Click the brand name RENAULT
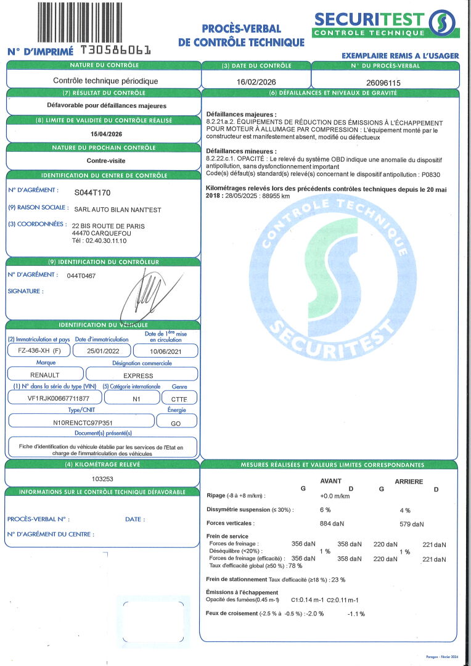point(45,374)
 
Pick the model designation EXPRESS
point(138,374)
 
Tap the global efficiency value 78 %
point(295,565)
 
